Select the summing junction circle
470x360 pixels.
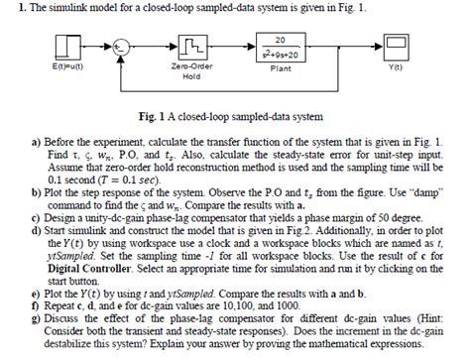pos(120,47)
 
